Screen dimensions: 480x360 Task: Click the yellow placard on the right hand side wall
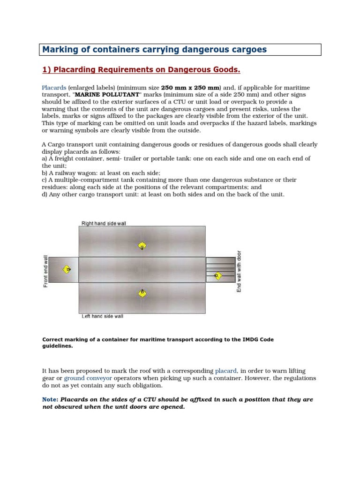pyautogui.click(x=142, y=246)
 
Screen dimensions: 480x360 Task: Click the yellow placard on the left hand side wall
pyautogui.click(x=142, y=293)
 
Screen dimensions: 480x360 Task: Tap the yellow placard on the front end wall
pyautogui.click(x=67, y=270)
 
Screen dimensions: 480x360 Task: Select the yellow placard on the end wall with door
pyautogui.click(x=217, y=276)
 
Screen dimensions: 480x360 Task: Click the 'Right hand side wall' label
pyautogui.click(x=104, y=224)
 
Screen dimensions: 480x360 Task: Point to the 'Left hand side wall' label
pyautogui.click(x=103, y=316)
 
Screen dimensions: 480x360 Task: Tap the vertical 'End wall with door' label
pyautogui.click(x=239, y=271)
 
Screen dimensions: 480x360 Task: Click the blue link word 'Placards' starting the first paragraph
pyautogui.click(x=54, y=88)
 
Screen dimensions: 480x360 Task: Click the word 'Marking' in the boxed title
pyautogui.click(x=59, y=49)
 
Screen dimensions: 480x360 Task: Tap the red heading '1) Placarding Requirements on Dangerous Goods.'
pyautogui.click(x=141, y=70)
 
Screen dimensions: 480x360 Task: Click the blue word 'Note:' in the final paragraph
pyautogui.click(x=50, y=399)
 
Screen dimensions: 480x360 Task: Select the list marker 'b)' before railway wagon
pyautogui.click(x=45, y=172)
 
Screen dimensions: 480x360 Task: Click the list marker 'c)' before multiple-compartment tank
pyautogui.click(x=45, y=180)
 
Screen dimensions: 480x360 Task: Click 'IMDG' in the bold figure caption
pyautogui.click(x=266, y=339)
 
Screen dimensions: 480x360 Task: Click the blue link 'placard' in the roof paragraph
pyautogui.click(x=227, y=370)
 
